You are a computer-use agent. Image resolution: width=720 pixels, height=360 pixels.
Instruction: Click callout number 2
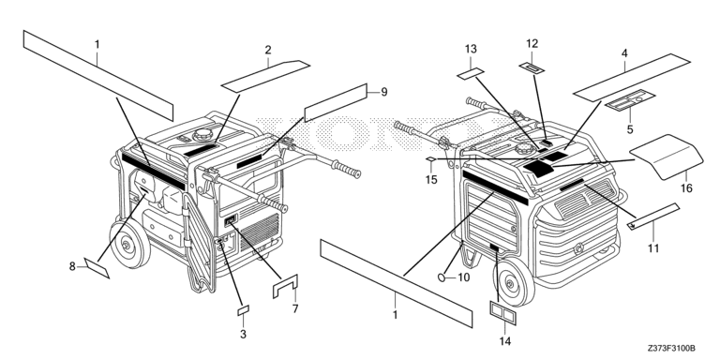pos(268,50)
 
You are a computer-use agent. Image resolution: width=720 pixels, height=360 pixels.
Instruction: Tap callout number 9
pos(383,92)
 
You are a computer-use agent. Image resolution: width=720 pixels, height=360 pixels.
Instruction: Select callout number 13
pos(471,49)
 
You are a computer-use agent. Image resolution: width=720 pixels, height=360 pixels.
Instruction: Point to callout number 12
pos(532,44)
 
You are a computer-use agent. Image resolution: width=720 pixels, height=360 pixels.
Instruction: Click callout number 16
pos(686,187)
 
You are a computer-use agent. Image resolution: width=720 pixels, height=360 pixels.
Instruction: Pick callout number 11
pos(653,247)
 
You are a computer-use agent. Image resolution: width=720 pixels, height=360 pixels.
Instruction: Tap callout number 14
pos(504,340)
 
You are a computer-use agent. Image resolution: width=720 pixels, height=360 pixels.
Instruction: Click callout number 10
pos(464,277)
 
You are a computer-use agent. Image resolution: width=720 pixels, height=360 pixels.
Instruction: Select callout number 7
pos(295,308)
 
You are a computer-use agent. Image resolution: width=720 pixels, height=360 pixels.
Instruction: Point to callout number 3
pos(243,335)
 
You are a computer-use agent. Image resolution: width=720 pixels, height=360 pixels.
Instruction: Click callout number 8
pos(72,266)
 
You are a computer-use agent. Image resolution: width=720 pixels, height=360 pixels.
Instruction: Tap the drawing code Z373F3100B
pos(671,348)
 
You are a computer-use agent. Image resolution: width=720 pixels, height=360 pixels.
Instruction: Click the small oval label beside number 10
pos(442,277)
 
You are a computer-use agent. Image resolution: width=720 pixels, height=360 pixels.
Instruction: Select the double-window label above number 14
pos(502,314)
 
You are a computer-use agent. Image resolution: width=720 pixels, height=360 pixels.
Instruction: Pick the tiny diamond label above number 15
pos(430,158)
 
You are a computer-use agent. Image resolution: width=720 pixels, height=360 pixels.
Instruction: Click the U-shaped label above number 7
pos(285,286)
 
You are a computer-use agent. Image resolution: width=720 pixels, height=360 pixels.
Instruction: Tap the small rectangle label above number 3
pos(243,310)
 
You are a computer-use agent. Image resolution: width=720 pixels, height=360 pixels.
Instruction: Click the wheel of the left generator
pos(129,244)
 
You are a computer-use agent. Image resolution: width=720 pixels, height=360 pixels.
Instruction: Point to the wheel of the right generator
pos(514,281)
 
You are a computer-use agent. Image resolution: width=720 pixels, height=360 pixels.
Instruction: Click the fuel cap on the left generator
pos(202,135)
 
